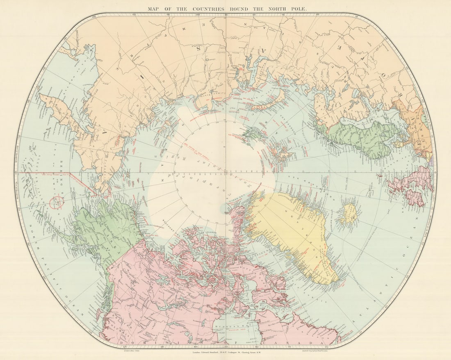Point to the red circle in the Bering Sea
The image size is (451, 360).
click(x=57, y=201)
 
